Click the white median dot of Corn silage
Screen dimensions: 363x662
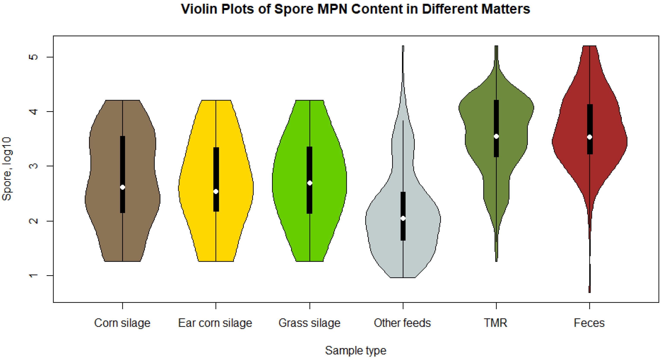tap(123, 187)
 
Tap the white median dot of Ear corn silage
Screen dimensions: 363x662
tap(216, 191)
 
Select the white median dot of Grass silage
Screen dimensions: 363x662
tap(310, 183)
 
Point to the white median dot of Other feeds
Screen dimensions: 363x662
tap(403, 218)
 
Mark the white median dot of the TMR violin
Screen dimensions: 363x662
tap(496, 136)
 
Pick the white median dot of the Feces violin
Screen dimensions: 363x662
tap(590, 137)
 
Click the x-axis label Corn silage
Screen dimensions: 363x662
tap(122, 323)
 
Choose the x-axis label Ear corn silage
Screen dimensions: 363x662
tap(215, 323)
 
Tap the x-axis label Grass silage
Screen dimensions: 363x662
tap(309, 323)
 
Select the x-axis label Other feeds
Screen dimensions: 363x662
tap(402, 323)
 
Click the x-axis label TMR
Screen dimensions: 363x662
tap(495, 323)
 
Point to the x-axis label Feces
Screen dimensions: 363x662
tap(589, 323)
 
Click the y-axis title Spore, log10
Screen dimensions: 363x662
tap(7, 169)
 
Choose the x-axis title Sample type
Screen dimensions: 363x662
tap(355, 350)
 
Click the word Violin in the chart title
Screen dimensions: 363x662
tap(199, 9)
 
